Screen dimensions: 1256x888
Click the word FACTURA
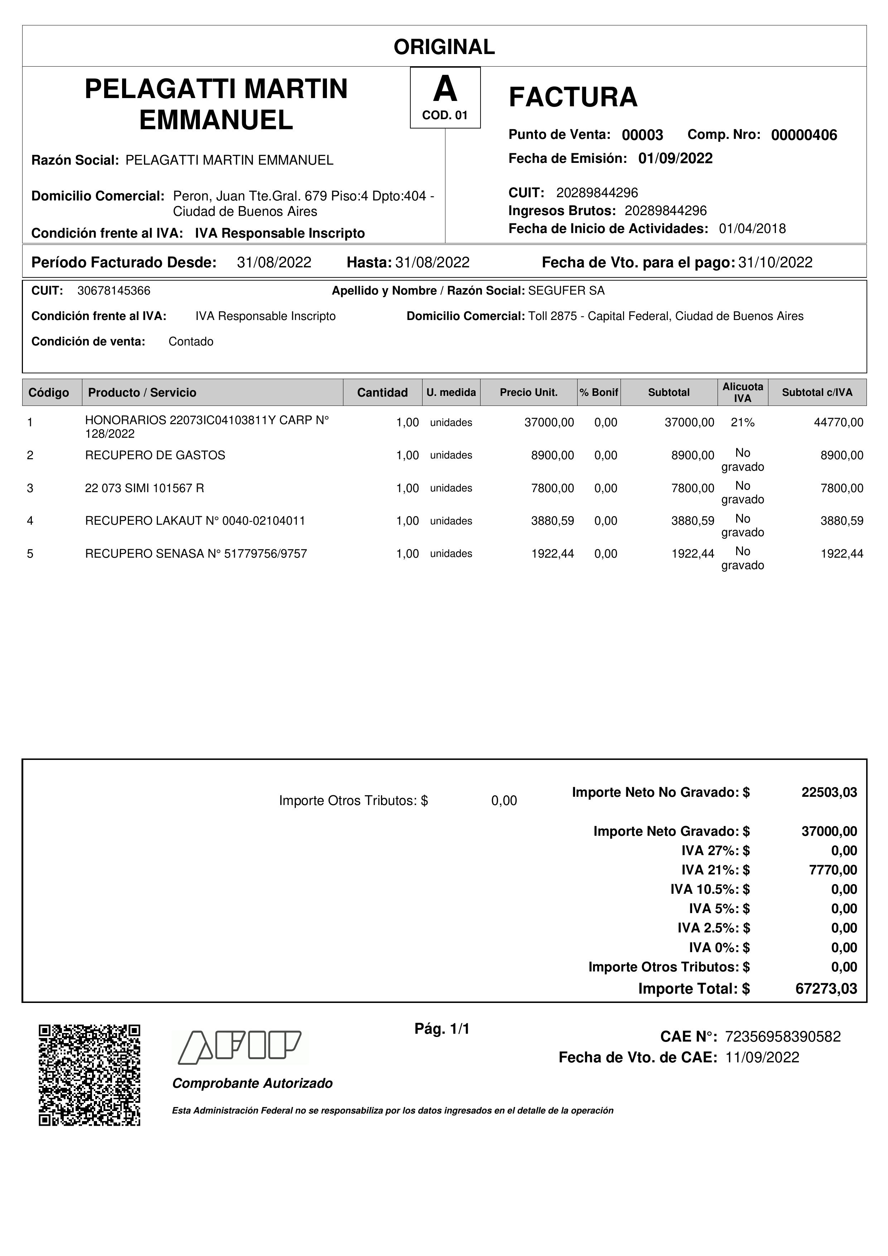pyautogui.click(x=573, y=97)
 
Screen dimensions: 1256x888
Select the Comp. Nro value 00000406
pyautogui.click(x=804, y=135)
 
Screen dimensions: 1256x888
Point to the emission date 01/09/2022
pyautogui.click(x=675, y=159)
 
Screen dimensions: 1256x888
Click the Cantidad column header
pyautogui.click(x=382, y=392)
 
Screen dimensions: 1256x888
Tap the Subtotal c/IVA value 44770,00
pyautogui.click(x=838, y=422)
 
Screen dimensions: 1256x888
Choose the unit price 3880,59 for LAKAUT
pyautogui.click(x=552, y=521)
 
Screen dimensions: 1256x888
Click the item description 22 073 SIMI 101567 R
pyautogui.click(x=144, y=488)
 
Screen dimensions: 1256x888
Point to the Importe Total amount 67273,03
pyautogui.click(x=826, y=989)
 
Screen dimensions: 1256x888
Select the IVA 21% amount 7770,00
pyautogui.click(x=833, y=870)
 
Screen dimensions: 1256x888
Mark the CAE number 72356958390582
pyautogui.click(x=782, y=1037)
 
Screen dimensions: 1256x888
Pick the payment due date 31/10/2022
pyautogui.click(x=775, y=263)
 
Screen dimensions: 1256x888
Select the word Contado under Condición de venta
pyautogui.click(x=190, y=342)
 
